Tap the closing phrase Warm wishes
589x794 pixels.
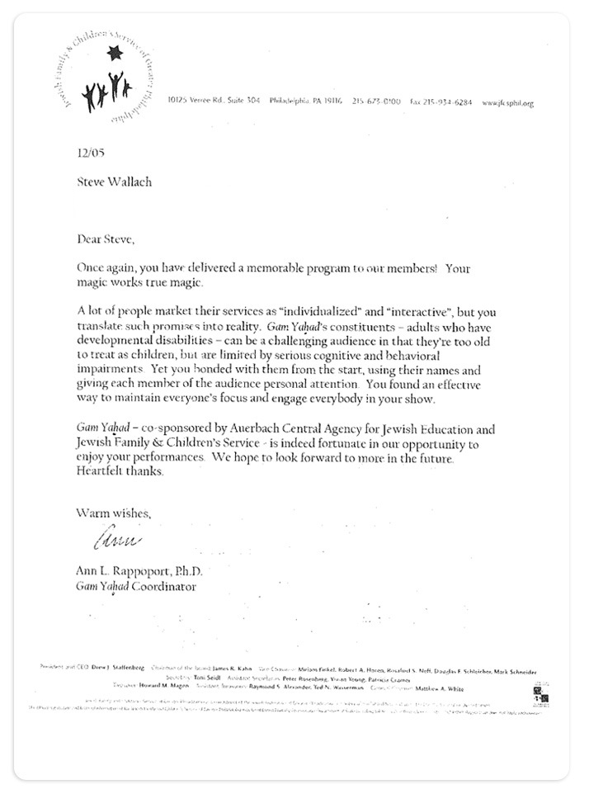[x=114, y=513]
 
